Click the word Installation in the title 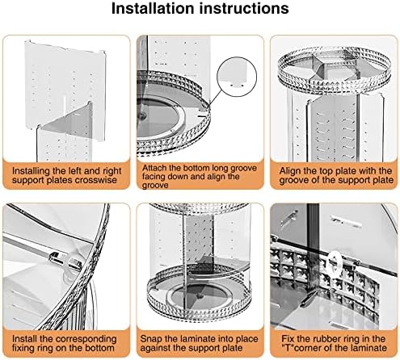pos(153,8)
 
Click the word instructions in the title pos(243,8)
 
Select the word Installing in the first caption pos(31,171)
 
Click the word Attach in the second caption pos(153,168)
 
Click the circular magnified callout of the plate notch pos(237,77)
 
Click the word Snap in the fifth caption pos(151,339)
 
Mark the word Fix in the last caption pos(288,339)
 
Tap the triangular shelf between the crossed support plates pos(73,123)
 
